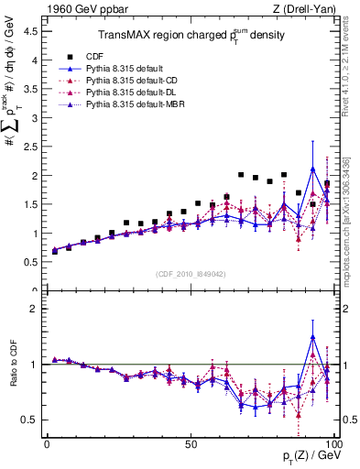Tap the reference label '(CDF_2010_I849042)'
click(x=191, y=274)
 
